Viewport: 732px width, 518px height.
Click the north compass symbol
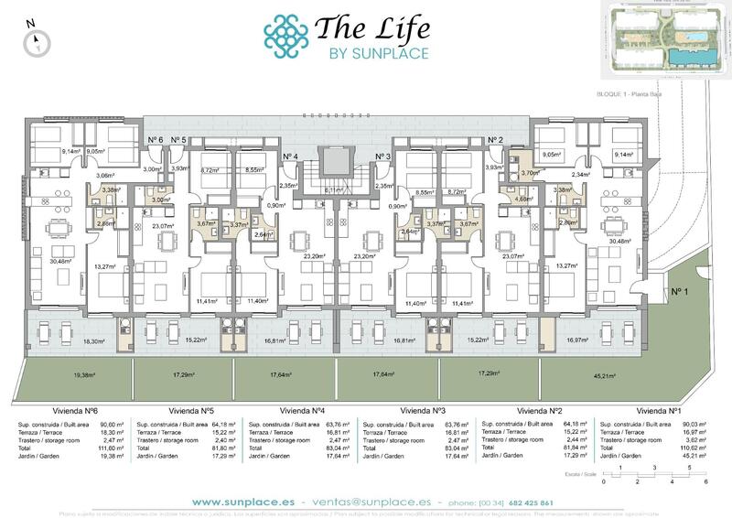[36, 39]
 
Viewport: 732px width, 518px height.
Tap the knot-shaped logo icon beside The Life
[285, 36]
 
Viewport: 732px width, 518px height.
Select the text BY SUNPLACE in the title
[378, 53]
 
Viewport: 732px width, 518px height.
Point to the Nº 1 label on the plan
[679, 292]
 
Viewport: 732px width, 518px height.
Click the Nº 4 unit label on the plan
[292, 156]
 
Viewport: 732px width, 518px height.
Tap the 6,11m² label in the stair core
[334, 189]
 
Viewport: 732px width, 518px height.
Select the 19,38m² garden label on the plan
[84, 374]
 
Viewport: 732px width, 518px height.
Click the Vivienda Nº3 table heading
[420, 411]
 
